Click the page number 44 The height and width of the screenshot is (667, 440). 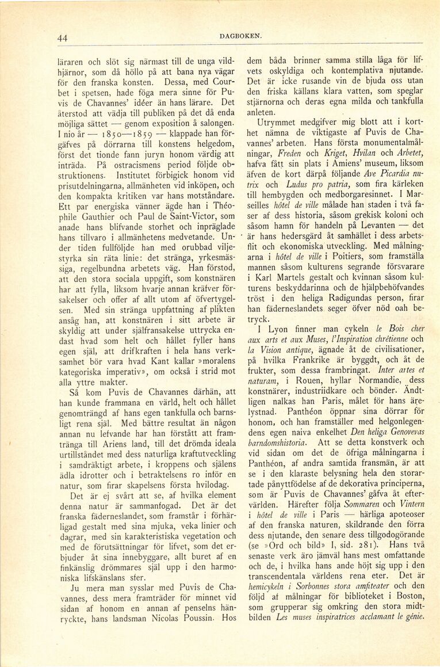click(x=63, y=39)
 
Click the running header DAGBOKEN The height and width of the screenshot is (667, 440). click(x=240, y=36)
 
